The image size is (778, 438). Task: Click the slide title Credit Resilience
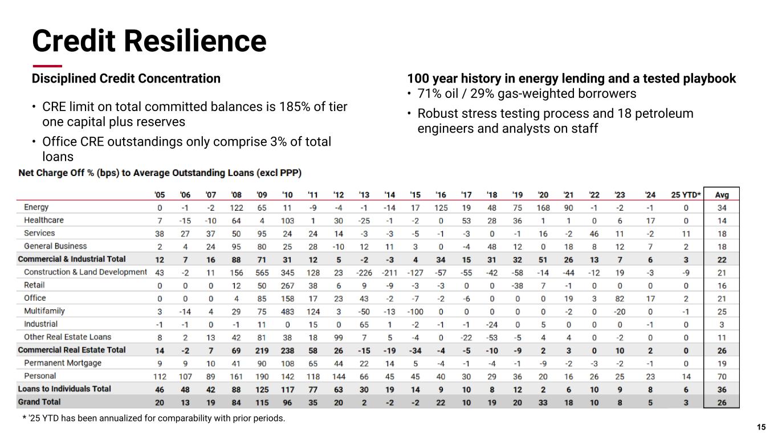click(149, 40)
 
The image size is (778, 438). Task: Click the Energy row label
click(36, 207)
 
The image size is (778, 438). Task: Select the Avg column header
click(722, 195)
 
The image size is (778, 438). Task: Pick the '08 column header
click(236, 195)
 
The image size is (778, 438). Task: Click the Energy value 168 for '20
click(543, 208)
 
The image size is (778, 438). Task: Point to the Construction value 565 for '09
click(262, 273)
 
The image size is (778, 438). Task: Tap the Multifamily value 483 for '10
click(287, 312)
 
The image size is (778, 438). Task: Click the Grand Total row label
click(39, 402)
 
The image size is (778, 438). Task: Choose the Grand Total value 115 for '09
click(262, 403)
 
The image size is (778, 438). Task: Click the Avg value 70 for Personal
click(722, 376)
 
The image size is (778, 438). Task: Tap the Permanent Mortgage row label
click(63, 363)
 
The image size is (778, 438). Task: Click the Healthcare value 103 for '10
click(287, 221)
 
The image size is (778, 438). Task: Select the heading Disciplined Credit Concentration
click(126, 79)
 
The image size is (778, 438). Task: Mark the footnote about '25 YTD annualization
click(153, 419)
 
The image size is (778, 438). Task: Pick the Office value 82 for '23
click(620, 298)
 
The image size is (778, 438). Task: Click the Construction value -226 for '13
click(364, 273)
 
